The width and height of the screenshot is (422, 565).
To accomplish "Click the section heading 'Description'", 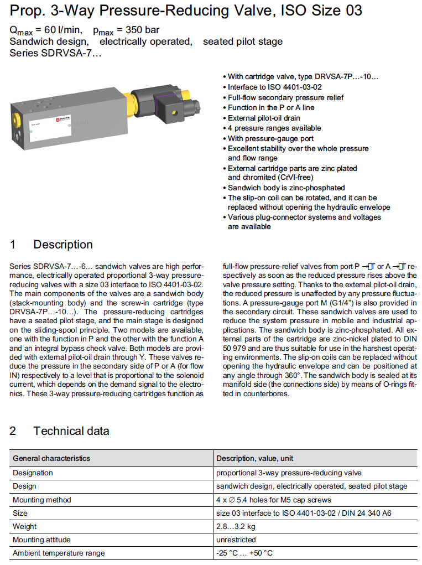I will point(62,245).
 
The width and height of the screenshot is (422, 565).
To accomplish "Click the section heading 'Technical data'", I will point(71,431).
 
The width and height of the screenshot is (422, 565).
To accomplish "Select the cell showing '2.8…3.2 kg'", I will point(236,526).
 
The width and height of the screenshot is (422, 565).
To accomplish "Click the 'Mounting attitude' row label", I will point(42,540).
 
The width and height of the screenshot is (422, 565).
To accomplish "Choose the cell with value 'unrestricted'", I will point(236,540).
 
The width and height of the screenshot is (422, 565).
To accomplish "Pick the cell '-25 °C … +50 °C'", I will point(244,553).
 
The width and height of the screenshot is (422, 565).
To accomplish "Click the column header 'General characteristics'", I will point(51,458).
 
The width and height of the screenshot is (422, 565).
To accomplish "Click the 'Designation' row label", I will point(33,473).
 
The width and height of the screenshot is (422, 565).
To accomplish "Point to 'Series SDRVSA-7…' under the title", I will point(55,53).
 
